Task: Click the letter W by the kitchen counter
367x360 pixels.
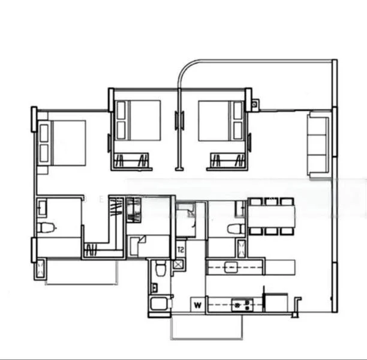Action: click(197, 305)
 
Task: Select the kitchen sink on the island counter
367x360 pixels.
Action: click(231, 267)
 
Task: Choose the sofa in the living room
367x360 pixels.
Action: click(318, 146)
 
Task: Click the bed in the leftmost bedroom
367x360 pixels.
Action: click(62, 143)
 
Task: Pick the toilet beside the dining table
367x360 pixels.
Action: click(236, 228)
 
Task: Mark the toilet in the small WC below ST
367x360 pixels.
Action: click(159, 268)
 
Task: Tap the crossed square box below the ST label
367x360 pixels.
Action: click(178, 263)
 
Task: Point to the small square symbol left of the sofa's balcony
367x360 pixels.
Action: click(255, 106)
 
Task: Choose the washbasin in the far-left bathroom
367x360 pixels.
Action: click(42, 208)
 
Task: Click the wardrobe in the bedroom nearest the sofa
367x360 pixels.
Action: click(227, 160)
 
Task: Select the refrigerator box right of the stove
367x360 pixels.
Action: click(276, 302)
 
